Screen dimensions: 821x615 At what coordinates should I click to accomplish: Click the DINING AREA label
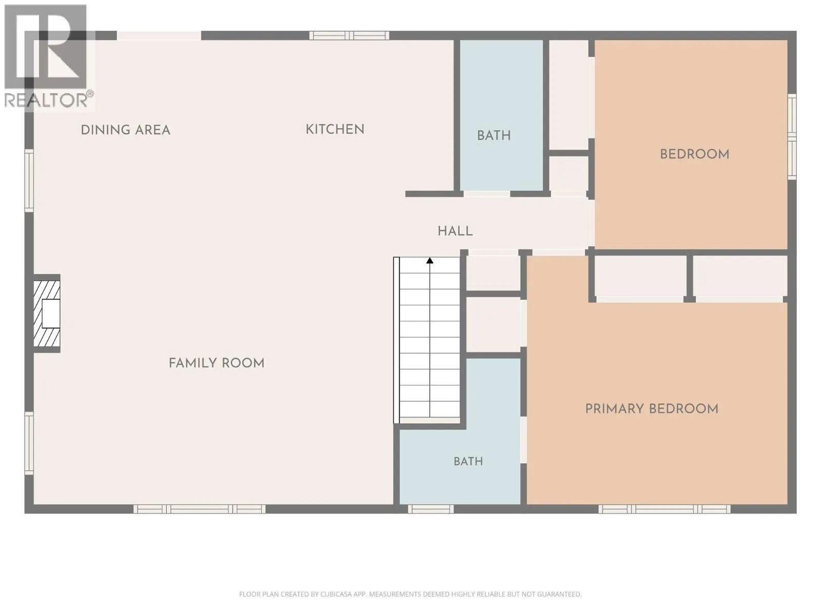tap(125, 130)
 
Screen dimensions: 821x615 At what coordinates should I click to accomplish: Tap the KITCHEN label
tap(335, 130)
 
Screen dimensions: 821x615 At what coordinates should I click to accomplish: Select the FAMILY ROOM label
tap(217, 363)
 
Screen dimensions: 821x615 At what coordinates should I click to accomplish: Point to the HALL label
tap(455, 231)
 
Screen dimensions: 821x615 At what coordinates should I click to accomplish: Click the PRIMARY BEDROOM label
tap(652, 409)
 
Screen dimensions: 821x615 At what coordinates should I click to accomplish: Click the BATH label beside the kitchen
tap(494, 135)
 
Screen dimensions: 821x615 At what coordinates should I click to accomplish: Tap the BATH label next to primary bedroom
tap(468, 462)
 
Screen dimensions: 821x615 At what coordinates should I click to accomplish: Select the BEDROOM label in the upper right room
tap(695, 154)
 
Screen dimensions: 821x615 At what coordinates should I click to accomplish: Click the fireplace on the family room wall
tap(47, 314)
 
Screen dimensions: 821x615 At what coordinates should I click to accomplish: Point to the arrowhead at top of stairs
tap(430, 260)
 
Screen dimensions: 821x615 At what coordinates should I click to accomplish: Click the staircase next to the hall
tap(427, 340)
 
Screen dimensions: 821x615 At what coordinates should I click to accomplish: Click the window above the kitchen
tap(349, 36)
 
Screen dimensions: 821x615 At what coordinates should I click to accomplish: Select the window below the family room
tap(200, 509)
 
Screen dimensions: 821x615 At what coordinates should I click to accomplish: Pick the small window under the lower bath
tap(431, 509)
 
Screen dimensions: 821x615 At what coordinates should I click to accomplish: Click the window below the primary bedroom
tap(664, 509)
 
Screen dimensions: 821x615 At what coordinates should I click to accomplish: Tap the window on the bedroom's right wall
tap(792, 136)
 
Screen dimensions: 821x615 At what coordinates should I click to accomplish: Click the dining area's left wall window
tap(29, 181)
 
